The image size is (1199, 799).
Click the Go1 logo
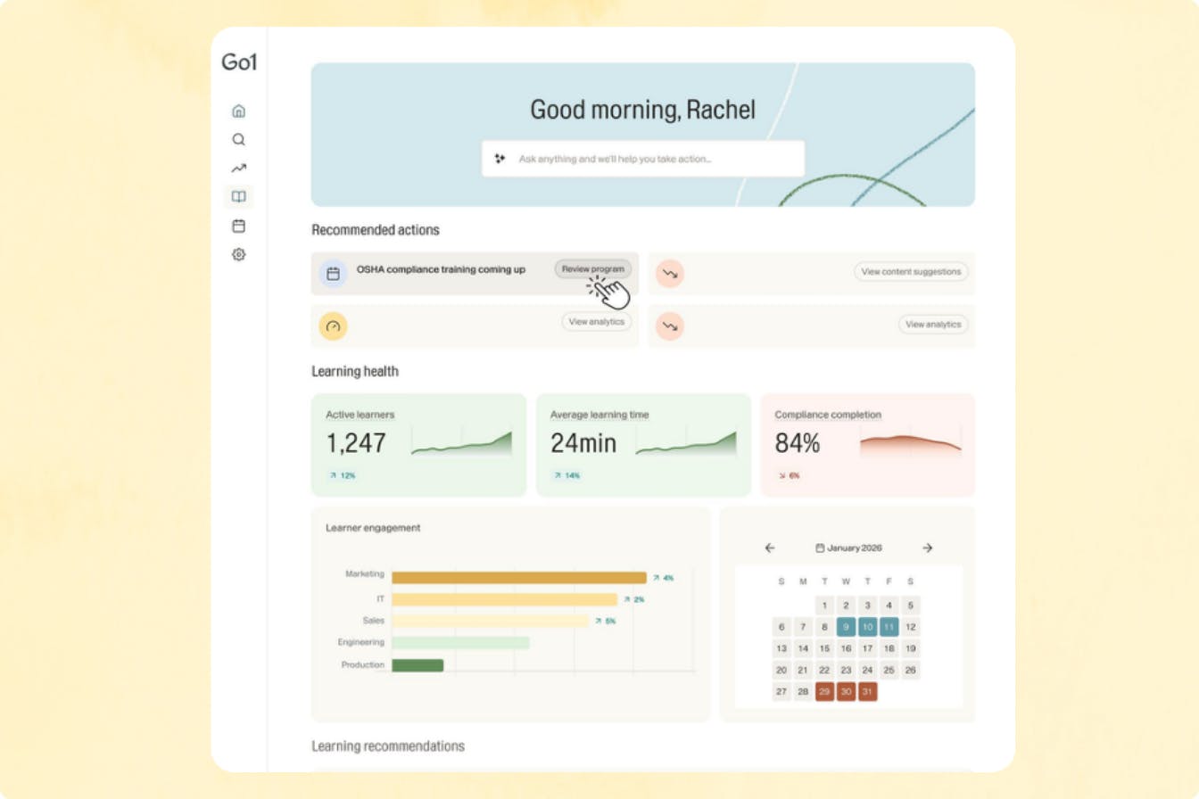point(239,62)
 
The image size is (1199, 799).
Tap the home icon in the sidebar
point(238,111)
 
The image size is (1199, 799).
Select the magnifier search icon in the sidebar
point(238,140)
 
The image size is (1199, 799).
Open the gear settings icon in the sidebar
point(238,254)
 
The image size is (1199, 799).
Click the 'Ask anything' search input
point(642,159)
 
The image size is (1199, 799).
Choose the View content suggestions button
point(911,272)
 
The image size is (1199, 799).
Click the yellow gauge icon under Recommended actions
point(333,326)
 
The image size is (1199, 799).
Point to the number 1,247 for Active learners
point(356,443)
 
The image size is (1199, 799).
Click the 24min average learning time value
point(583,443)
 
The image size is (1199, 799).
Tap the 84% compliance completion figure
point(797,443)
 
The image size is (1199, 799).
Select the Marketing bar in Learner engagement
point(518,578)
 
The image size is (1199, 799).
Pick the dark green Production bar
point(418,665)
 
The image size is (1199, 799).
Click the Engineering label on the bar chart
point(360,642)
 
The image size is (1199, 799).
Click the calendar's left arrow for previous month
point(770,548)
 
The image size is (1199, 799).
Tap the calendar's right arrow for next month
point(927,548)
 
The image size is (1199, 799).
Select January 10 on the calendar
point(867,627)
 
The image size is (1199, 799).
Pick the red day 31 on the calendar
point(867,692)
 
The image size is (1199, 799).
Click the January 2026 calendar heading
point(848,548)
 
